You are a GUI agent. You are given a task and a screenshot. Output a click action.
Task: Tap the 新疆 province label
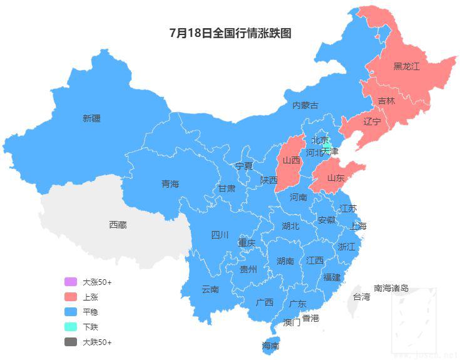pos(91,118)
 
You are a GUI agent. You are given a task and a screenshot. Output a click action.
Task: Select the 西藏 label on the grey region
pos(118,224)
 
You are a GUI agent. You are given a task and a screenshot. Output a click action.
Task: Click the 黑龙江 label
pos(406,66)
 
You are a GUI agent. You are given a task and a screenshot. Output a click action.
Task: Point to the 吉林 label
pos(387,101)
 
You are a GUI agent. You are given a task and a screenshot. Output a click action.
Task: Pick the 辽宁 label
pos(372,121)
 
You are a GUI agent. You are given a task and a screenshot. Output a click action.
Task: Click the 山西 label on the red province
pos(291,160)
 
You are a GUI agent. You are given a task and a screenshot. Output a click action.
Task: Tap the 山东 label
pos(335,178)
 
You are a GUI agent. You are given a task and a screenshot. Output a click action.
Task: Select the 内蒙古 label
pos(305,105)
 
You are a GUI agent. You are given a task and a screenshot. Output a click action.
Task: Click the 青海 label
pos(170,183)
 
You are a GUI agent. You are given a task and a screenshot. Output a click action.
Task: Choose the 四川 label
pos(220,235)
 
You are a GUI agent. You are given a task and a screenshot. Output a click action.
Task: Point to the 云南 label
pos(210,289)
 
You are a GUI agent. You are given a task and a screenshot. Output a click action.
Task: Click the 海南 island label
pos(270,346)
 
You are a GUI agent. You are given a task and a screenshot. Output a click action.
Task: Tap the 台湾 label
pos(362,296)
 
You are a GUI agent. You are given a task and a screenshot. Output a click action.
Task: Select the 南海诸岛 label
pos(391,288)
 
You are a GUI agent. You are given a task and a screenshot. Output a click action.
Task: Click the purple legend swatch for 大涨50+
pos(70,282)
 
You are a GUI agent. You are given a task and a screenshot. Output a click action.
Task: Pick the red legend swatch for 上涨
pos(70,297)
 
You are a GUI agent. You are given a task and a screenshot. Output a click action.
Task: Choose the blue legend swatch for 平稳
pos(70,312)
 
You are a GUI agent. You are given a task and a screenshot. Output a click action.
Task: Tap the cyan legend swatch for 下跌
pos(70,327)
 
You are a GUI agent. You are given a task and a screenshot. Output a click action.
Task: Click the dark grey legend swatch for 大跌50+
pos(70,342)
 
